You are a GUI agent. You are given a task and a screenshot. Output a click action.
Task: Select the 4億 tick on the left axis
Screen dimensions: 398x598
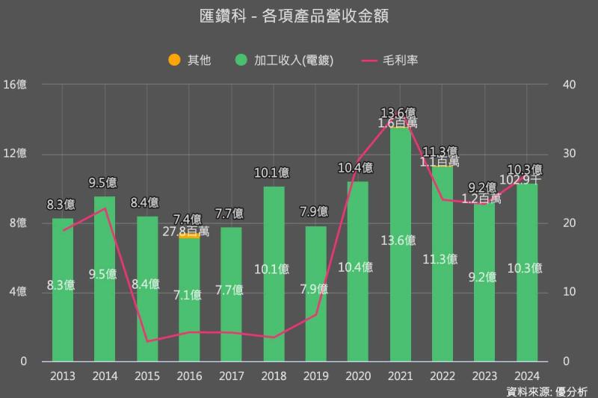coord(18,292)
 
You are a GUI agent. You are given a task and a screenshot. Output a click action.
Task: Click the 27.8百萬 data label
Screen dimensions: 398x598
coord(186,231)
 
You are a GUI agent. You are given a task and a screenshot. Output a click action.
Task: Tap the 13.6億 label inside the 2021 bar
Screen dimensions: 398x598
coord(400,240)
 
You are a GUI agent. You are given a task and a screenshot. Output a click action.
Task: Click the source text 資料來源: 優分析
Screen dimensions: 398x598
coord(546,391)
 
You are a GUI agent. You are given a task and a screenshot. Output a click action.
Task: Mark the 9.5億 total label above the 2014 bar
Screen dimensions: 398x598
coord(105,182)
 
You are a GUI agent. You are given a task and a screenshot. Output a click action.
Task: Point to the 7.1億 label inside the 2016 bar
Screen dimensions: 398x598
coord(189,295)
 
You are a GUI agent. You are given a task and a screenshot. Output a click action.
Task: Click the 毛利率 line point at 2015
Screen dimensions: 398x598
coord(147,341)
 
